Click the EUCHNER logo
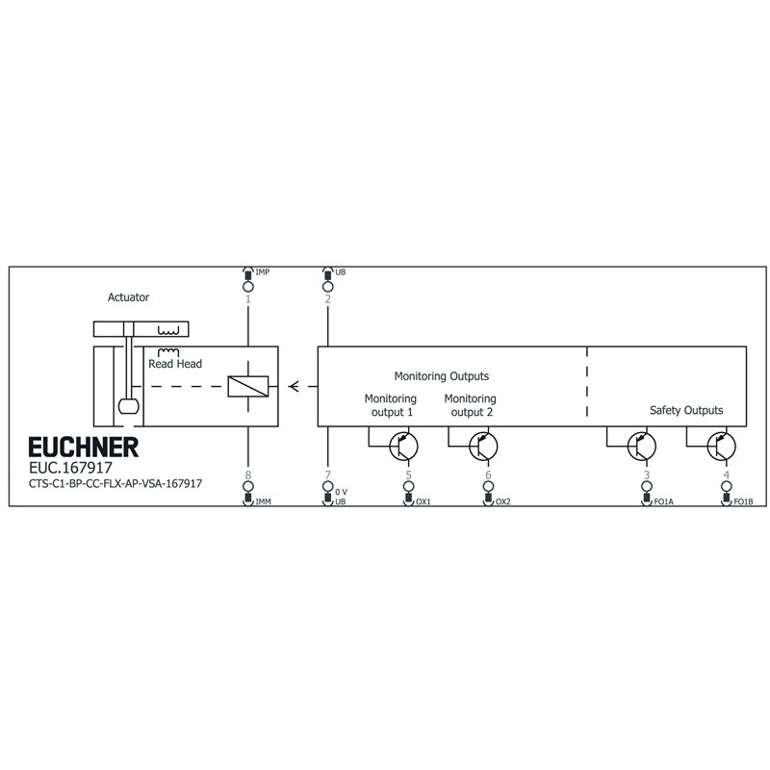click(83, 448)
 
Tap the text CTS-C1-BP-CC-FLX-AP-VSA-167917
click(115, 484)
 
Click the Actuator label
click(129, 298)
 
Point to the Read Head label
click(175, 364)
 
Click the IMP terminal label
click(263, 273)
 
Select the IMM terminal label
click(264, 501)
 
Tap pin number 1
click(248, 299)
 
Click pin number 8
click(248, 475)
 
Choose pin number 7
click(327, 475)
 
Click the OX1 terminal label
click(423, 501)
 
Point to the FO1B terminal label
click(742, 501)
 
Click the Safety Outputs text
click(686, 410)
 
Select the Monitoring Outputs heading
click(442, 376)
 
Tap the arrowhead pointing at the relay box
click(294, 387)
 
